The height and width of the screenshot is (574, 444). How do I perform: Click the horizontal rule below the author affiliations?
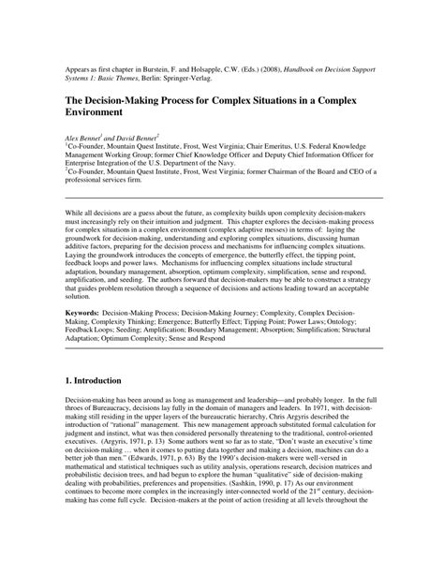[222, 199]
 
